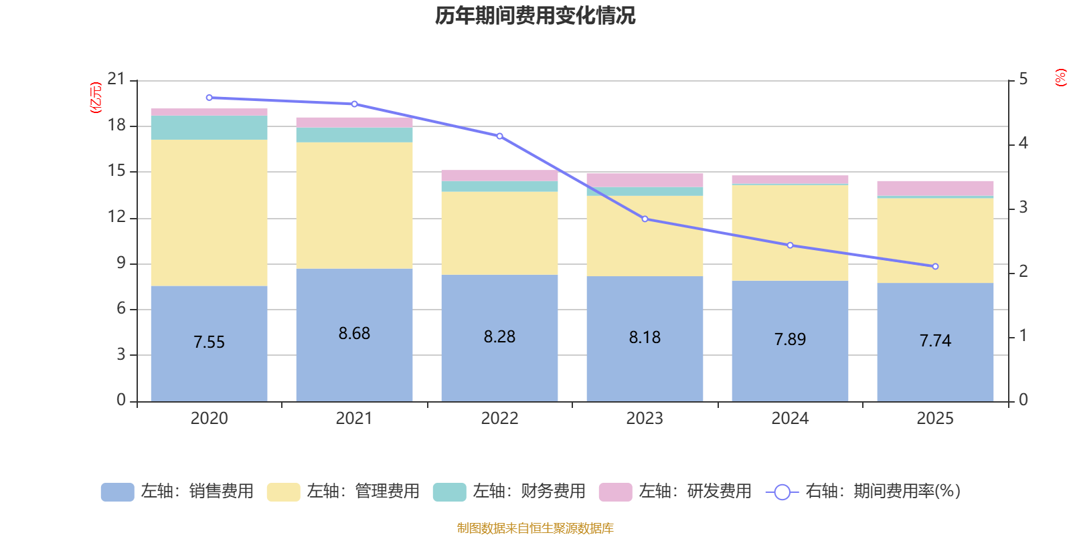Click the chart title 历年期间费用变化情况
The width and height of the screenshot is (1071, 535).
(535, 15)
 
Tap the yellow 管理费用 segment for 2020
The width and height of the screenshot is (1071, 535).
(209, 213)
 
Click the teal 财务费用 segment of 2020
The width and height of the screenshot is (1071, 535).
(209, 128)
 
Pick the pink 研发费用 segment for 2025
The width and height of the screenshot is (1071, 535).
(935, 188)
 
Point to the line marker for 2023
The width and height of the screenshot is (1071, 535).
(645, 219)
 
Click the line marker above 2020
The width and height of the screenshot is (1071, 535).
(209, 98)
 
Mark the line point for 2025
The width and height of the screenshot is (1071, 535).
(935, 266)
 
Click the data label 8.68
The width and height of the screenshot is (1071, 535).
(354, 333)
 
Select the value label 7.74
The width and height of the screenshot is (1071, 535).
(935, 340)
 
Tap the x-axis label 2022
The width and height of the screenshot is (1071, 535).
(499, 418)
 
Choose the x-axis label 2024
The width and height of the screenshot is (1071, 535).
(790, 418)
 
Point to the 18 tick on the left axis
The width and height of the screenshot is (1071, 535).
(116, 125)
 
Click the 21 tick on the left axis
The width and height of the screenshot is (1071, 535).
(116, 80)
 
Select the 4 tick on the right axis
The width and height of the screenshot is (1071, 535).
(1023, 143)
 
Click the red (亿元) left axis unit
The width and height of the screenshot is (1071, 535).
(96, 97)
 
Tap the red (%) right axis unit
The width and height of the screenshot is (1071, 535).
(1060, 78)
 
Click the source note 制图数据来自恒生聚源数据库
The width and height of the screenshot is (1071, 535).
(535, 528)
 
